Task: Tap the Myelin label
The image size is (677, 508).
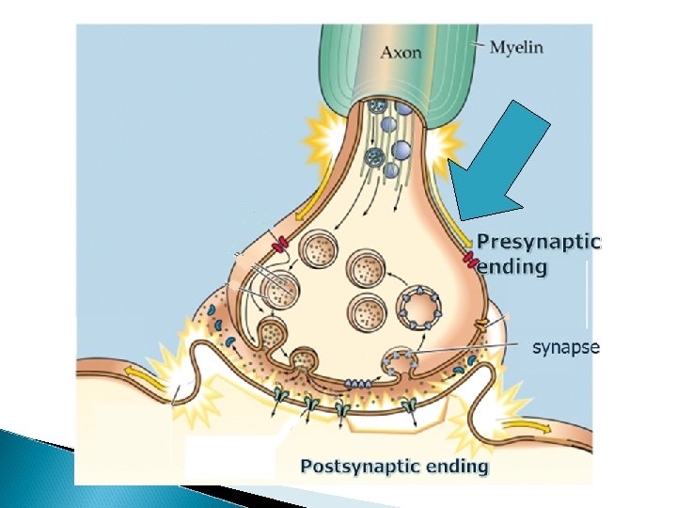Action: [x=516, y=46]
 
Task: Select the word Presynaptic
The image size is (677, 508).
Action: [x=538, y=242]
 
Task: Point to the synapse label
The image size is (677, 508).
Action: [x=566, y=348]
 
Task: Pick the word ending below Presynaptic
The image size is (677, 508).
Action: [x=512, y=267]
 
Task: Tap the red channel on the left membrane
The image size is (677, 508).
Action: [x=279, y=246]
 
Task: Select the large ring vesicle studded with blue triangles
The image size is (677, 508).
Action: [x=420, y=307]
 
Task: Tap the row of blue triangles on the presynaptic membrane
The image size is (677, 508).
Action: [x=358, y=383]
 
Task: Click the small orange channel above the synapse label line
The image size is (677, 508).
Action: [x=480, y=325]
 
